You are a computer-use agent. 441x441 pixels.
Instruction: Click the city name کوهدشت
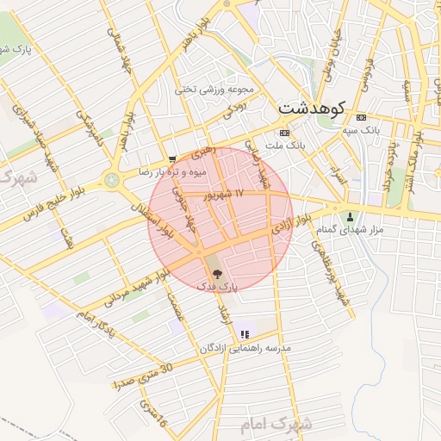311,109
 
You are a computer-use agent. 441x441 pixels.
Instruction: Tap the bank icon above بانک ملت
284,133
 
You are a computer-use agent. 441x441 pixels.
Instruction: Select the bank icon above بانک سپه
360,117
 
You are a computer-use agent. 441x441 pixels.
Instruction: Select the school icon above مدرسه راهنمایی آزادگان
245,334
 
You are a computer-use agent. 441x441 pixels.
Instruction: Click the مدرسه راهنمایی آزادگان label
245,348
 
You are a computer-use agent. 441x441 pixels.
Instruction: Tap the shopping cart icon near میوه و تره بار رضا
172,159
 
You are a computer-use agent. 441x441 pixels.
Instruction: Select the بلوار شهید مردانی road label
135,288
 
